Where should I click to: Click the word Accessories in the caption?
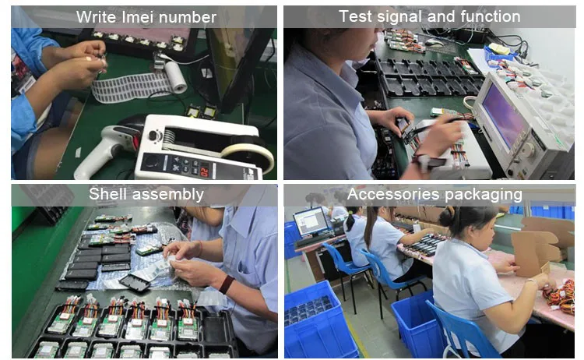pos(394,195)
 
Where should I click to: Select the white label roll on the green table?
pos(176,76)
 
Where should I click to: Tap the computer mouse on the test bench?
pos(434,42)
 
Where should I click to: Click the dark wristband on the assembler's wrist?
pos(227,284)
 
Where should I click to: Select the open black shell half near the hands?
pos(135,282)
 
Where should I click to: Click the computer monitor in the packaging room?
pos(311,222)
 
